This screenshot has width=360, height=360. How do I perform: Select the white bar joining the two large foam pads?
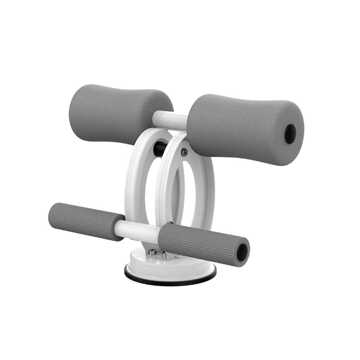pos(169,120)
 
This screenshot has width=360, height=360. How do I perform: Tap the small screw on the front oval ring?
pos(184,153)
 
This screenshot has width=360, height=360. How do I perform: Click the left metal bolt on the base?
pos(153,252)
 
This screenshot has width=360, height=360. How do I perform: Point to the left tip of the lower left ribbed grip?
pos(50,214)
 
